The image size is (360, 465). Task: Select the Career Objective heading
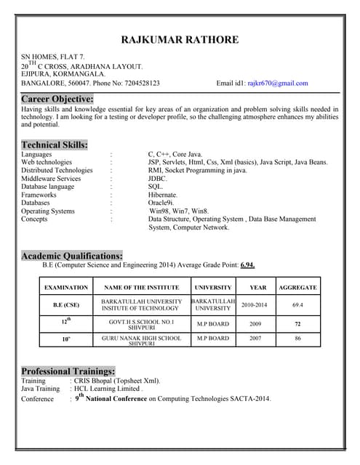(x=57, y=98)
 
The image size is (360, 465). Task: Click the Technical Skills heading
(x=55, y=145)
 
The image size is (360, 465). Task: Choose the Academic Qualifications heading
(x=71, y=256)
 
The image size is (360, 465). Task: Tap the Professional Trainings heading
(x=68, y=371)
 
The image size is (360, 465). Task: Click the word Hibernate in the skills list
(x=163, y=195)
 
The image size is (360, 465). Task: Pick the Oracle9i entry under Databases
(x=161, y=203)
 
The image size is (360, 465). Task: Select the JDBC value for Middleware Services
(x=158, y=178)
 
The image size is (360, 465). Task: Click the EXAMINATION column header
(x=66, y=288)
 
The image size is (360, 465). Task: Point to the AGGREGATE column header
(x=297, y=288)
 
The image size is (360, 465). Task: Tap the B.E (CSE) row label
(x=66, y=305)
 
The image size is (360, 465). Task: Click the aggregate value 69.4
(x=297, y=305)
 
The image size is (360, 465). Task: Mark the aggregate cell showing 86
(x=297, y=339)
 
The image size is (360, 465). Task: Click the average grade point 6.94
(x=247, y=266)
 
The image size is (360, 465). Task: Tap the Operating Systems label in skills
(x=48, y=211)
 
